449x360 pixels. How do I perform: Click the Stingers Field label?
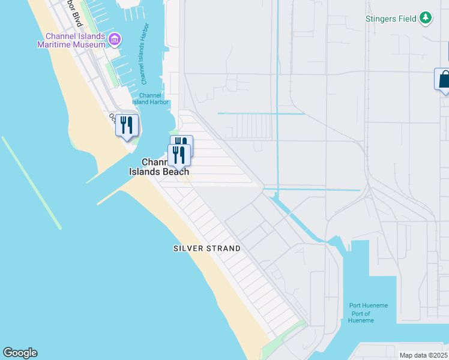[391, 19]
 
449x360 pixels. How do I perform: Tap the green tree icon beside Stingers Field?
[426, 19]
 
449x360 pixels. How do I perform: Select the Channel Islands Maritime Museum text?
[71, 40]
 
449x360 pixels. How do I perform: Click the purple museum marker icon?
[115, 40]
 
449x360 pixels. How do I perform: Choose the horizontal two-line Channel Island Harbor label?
[150, 98]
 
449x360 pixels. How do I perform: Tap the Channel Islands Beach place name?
[159, 167]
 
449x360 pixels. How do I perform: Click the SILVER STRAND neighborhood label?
[206, 248]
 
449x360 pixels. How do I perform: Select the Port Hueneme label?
[369, 305]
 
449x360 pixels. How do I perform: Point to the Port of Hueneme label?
[361, 317]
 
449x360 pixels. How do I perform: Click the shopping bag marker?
[444, 80]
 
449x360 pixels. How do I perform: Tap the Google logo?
[20, 353]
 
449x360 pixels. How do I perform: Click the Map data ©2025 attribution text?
[423, 355]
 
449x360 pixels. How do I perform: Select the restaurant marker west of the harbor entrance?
[127, 125]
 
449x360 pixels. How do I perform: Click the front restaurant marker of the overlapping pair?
[179, 155]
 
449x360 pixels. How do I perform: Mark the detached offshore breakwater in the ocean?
[31, 182]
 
